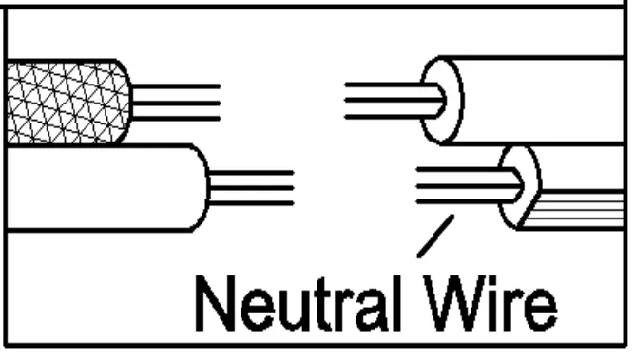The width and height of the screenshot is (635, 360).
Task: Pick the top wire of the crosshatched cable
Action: [177, 87]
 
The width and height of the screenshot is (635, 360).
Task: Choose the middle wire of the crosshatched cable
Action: [177, 103]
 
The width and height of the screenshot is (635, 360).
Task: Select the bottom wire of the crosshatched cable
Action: [177, 118]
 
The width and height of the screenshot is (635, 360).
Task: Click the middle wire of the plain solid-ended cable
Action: [251, 187]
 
